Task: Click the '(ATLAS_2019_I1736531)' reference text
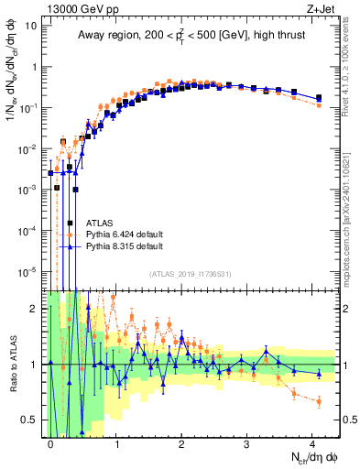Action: tap(191, 275)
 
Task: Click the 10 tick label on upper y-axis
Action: tap(31, 26)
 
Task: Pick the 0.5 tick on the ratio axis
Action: tap(31, 420)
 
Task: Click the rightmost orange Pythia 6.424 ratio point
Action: tap(318, 400)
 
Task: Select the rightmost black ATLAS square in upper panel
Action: tap(318, 97)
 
